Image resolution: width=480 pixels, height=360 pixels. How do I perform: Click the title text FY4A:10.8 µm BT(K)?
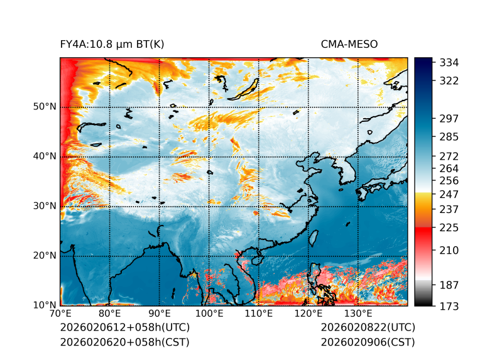pos(112,44)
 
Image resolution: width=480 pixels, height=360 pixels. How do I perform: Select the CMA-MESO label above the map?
pos(349,44)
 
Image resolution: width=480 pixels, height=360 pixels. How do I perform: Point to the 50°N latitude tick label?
pos(45,107)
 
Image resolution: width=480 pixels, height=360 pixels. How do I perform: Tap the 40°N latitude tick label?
pos(45,156)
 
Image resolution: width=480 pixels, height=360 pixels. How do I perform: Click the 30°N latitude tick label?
pos(45,206)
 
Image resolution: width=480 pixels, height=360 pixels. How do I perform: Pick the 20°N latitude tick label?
pos(45,256)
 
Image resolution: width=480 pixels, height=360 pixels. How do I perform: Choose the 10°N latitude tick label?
pos(45,305)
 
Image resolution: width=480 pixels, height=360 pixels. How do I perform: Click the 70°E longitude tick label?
pos(60,314)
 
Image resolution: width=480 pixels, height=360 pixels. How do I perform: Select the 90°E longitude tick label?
pos(160,314)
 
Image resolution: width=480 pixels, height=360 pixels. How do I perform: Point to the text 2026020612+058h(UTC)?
pos(124,328)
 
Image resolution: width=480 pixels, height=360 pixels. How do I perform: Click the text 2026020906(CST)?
pos(368,342)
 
